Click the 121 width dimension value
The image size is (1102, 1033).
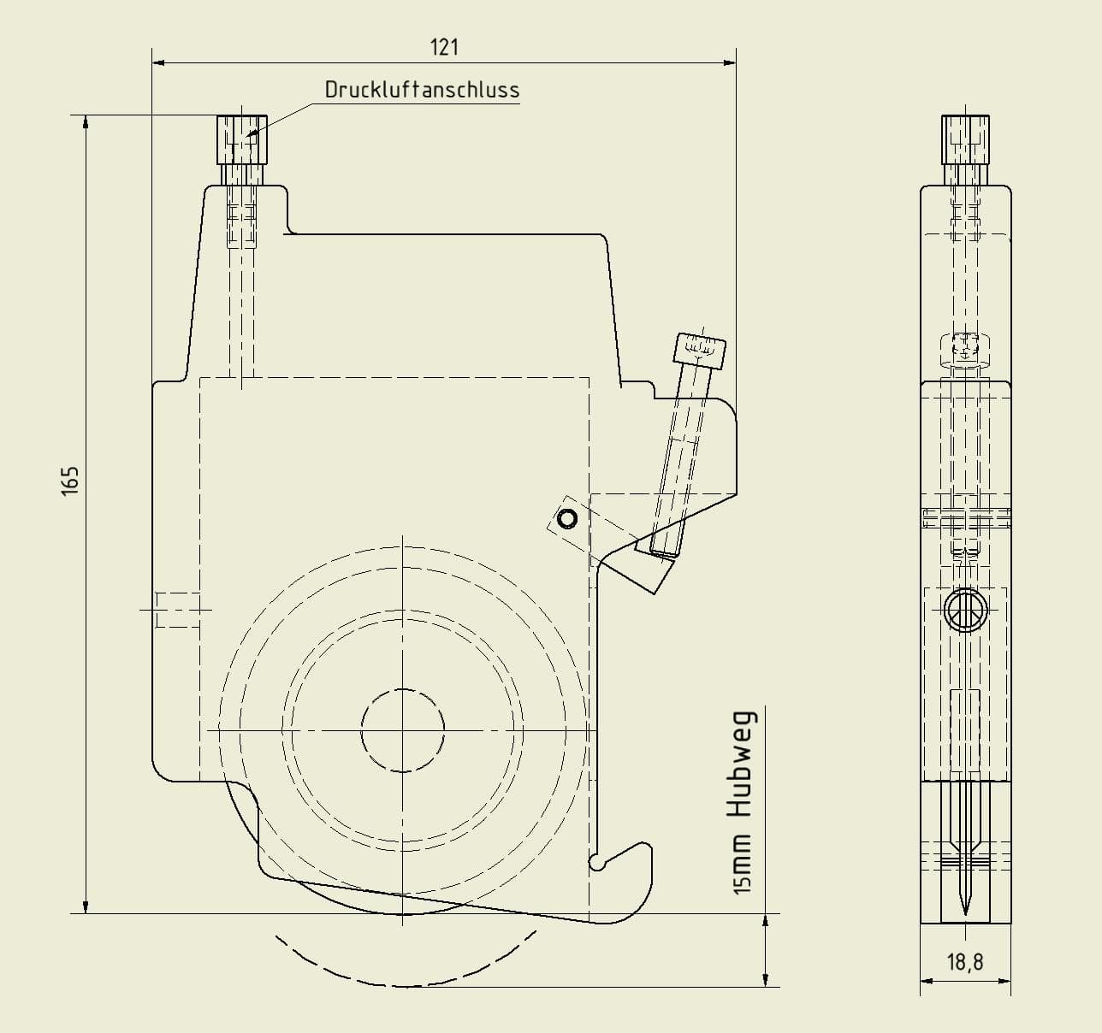[444, 48]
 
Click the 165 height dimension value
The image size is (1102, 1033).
[70, 481]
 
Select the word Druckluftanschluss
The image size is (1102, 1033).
[423, 90]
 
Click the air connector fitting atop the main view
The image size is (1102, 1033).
[242, 139]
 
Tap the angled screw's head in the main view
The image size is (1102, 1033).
[700, 350]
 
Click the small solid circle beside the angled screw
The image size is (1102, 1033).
[567, 519]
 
